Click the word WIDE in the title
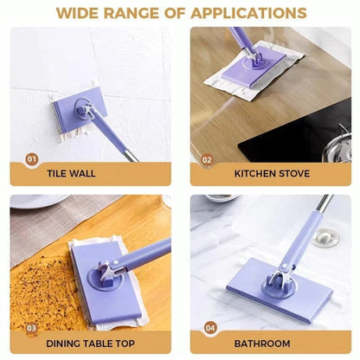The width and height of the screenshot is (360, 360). tap(80, 13)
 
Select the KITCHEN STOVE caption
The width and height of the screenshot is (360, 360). tap(271, 172)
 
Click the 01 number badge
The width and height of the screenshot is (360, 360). tap(32, 159)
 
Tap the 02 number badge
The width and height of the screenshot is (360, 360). tap(207, 159)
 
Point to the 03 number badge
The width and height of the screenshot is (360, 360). tap(32, 328)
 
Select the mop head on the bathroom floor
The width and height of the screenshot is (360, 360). tap(278, 290)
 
